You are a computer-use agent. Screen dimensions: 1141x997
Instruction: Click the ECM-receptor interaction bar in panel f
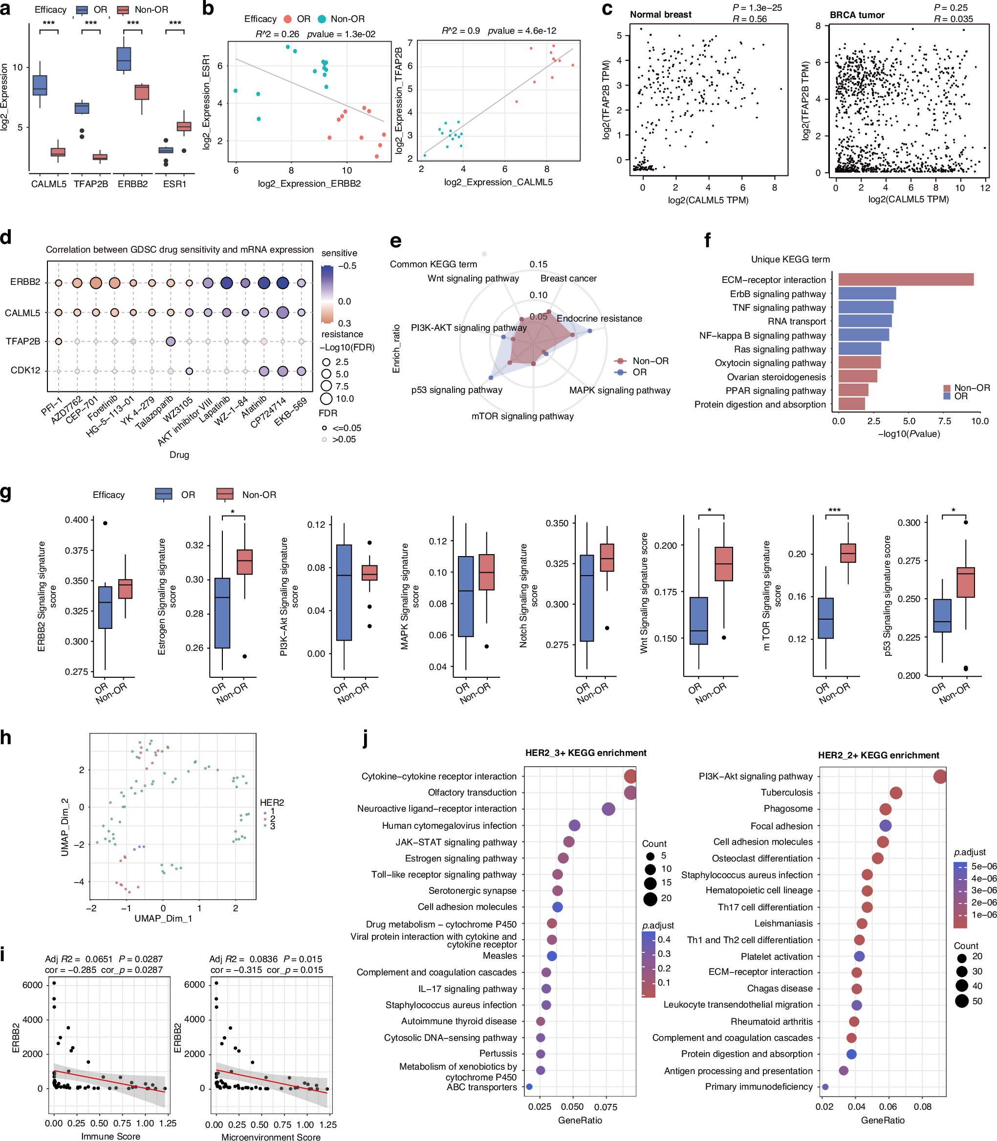pos(906,280)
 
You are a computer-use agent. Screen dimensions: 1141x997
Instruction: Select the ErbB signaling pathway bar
pos(867,293)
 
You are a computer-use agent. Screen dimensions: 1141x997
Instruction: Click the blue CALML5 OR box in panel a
pos(40,86)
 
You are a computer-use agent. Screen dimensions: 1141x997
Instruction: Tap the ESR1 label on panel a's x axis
pos(174,184)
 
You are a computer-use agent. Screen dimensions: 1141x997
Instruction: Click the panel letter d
pos(6,237)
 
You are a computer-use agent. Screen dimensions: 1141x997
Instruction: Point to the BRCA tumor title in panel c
pos(857,15)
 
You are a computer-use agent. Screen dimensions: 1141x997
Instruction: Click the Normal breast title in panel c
pos(660,15)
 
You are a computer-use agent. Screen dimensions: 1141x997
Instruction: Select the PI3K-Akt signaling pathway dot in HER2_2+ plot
pos(940,776)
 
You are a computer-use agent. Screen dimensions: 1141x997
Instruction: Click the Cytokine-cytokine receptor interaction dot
pos(630,776)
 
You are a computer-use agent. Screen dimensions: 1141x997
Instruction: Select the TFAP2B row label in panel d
pos(23,341)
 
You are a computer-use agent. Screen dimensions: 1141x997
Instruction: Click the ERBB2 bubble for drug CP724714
pos(282,282)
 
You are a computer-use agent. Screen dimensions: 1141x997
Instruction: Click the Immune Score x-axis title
pos(111,1136)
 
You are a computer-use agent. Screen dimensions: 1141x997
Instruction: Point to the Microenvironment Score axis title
pos(270,1137)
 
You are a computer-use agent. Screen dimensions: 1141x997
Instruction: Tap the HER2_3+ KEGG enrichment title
pos(585,753)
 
